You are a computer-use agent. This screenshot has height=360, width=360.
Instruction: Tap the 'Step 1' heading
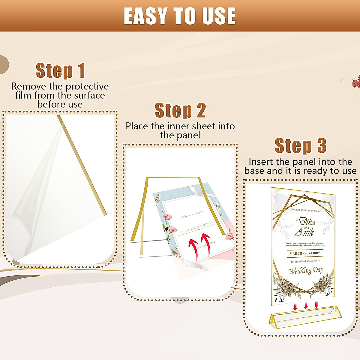pos(60,71)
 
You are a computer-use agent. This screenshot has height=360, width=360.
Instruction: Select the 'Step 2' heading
pos(180,110)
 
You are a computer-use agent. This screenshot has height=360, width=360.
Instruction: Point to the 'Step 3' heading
pos(300,146)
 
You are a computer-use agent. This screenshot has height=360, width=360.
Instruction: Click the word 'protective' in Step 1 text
pos(87,87)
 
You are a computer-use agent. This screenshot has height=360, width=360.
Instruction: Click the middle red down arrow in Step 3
pos(306,306)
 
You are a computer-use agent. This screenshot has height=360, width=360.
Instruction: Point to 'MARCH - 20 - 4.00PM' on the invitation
pos(305,253)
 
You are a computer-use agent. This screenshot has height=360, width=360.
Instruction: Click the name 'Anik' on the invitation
pos(304,232)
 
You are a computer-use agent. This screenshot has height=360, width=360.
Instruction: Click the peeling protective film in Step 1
pos(36,192)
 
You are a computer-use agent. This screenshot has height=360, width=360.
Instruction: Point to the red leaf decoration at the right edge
pos(356,81)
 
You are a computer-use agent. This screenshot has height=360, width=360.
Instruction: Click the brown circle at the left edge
pos(4,65)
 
